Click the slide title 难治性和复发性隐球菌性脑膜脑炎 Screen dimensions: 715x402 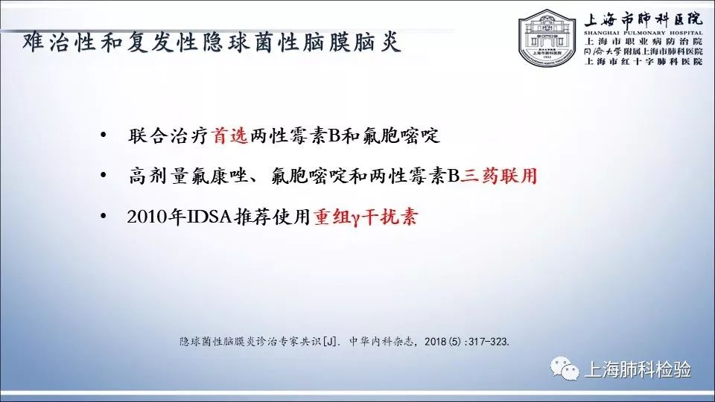(212, 42)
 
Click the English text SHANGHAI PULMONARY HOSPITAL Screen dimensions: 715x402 (643, 33)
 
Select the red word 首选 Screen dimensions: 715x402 (230, 135)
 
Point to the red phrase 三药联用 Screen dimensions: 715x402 (498, 176)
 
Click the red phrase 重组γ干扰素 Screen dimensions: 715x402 (365, 217)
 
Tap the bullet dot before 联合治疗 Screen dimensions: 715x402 (104, 135)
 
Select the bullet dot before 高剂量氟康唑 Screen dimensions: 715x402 (104, 175)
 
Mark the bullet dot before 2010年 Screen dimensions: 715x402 (104, 216)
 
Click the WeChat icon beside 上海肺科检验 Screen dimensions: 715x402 (565, 368)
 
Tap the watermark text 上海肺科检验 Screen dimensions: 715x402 (638, 369)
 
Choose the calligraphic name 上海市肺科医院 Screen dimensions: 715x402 (643, 19)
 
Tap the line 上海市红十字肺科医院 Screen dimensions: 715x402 (643, 62)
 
